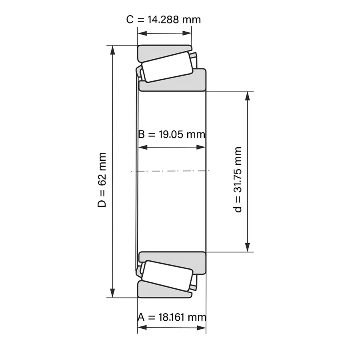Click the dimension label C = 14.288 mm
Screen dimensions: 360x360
(164, 20)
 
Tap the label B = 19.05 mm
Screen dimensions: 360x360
(172, 134)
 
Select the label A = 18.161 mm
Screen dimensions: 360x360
(172, 317)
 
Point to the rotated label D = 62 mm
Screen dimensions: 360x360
(102, 180)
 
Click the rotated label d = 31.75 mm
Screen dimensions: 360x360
(237, 180)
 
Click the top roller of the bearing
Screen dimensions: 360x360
(167, 67)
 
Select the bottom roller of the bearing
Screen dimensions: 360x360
(167, 276)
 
